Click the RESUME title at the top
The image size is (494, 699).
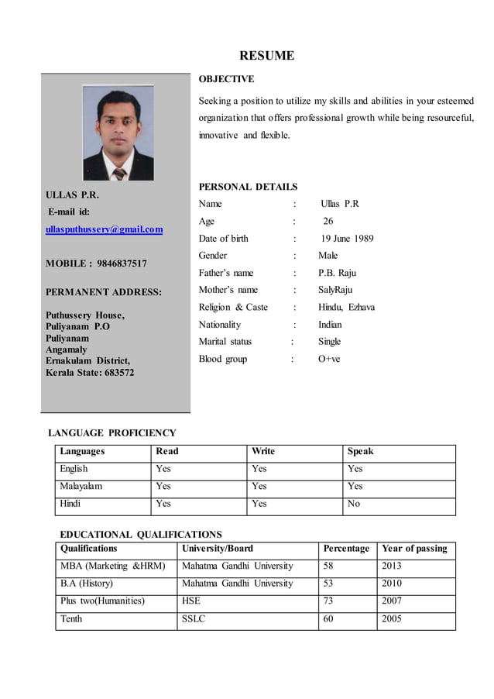[x=266, y=56]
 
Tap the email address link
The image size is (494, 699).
[x=104, y=229]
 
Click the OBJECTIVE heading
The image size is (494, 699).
[x=226, y=79]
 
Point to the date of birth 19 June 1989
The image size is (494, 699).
[x=347, y=239]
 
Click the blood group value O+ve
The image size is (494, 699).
[x=329, y=359]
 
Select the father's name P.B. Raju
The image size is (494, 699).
[x=337, y=273]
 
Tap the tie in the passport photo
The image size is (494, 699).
[x=118, y=171]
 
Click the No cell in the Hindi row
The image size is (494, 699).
[x=354, y=504]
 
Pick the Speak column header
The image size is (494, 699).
[x=360, y=451]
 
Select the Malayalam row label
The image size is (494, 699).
[x=81, y=487]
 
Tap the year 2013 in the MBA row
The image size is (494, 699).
[x=392, y=566]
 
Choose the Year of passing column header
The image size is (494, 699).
[x=414, y=549]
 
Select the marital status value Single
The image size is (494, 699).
[x=329, y=342]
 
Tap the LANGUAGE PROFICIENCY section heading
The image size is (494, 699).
[x=112, y=433]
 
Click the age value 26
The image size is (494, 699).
[x=328, y=222]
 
